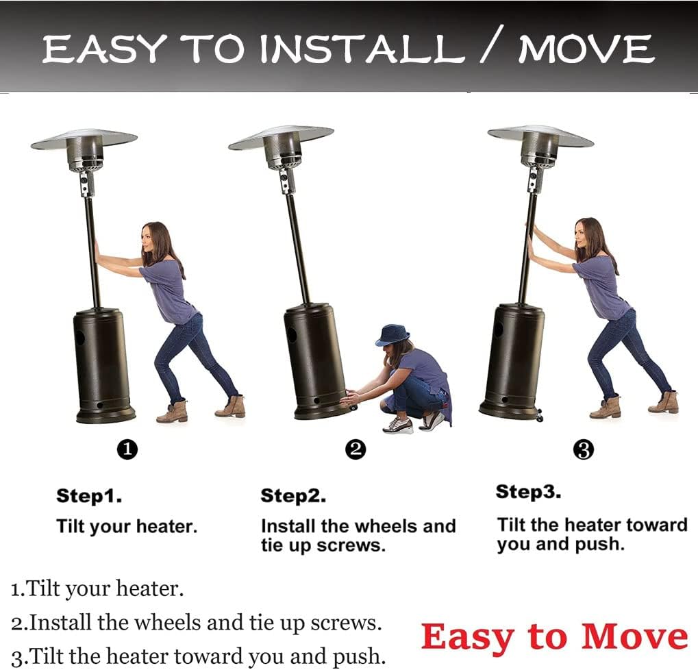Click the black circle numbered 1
click(x=127, y=449)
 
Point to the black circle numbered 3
click(x=584, y=449)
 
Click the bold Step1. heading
click(x=89, y=496)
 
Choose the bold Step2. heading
click(x=293, y=496)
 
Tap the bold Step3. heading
click(x=528, y=491)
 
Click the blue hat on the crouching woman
click(x=392, y=335)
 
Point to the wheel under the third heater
click(x=539, y=418)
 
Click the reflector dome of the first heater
click(x=84, y=139)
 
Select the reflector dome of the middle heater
click(x=281, y=137)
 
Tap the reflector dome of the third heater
click(x=541, y=136)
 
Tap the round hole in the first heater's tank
click(x=79, y=338)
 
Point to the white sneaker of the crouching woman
click(x=397, y=425)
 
